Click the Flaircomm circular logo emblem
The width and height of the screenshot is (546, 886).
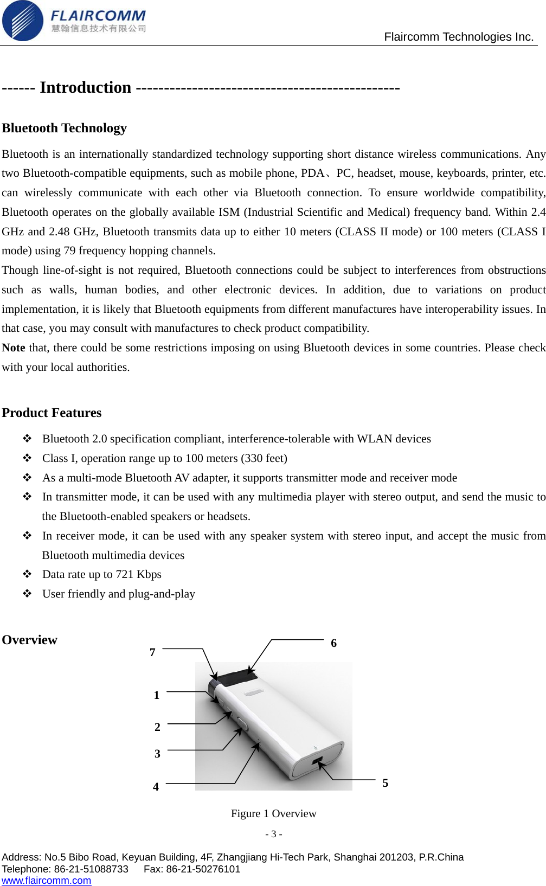22,21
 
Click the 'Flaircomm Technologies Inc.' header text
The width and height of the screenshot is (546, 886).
459,37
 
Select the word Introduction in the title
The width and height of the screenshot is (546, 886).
85,87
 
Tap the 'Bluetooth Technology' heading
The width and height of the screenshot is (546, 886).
64,128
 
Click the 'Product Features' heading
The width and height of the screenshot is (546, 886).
52,413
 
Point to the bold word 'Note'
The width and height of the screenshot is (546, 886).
14,348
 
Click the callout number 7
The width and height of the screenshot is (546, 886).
152,652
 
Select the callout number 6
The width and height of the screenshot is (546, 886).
333,643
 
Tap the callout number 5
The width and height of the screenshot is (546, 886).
385,783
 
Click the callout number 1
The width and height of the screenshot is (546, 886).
156,695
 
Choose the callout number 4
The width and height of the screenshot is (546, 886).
156,787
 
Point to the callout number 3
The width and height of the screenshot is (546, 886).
157,754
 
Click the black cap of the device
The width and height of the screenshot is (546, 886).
234,678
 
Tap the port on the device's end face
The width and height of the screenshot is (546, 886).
317,761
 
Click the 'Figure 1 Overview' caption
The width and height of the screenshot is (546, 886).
273,813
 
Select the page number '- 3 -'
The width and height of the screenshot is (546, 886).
273,834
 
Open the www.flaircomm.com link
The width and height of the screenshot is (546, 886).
46,881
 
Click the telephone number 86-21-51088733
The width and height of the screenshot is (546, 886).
91,869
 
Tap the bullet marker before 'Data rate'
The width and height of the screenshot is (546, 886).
27,574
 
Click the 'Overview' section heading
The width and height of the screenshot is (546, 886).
29,640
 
